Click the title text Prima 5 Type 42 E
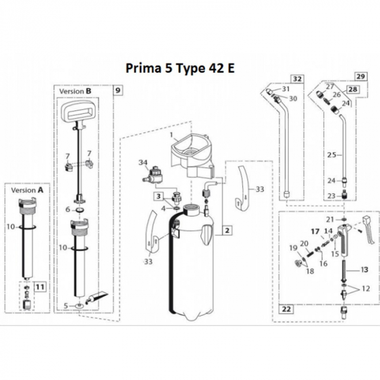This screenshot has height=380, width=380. (181, 69)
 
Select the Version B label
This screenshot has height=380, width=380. (72, 91)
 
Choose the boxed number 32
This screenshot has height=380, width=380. (297, 78)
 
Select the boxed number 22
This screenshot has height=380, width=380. (286, 309)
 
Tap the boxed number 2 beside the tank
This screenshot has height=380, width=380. (227, 230)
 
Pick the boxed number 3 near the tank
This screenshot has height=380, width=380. (159, 196)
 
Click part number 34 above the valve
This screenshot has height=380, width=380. (143, 162)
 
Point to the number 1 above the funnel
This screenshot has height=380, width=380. (170, 134)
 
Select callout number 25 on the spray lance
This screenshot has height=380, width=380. (332, 155)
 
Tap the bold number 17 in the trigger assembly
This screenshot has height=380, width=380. (315, 231)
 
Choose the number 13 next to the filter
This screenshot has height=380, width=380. (364, 269)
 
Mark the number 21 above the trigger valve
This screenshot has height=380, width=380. (329, 219)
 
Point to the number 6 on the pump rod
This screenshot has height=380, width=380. (67, 210)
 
